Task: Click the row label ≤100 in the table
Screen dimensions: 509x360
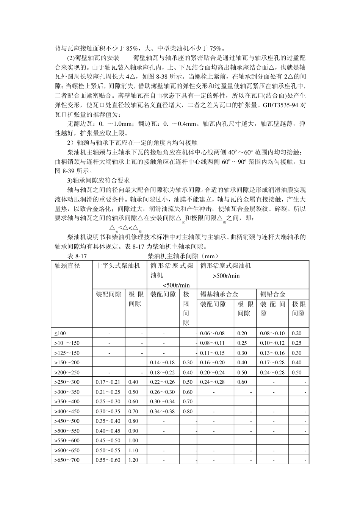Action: click(x=60, y=333)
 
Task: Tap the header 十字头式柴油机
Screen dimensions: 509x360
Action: click(x=118, y=266)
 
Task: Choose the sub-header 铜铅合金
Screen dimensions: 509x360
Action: click(x=273, y=294)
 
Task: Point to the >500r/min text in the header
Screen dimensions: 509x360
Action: click(x=226, y=276)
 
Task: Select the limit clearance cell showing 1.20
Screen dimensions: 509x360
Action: click(x=133, y=460)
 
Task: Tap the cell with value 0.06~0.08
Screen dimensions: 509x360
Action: click(x=212, y=333)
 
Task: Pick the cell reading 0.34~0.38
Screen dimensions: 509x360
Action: click(x=163, y=411)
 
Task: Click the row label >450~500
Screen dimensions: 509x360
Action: click(x=67, y=421)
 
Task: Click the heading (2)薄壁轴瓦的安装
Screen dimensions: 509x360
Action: click(x=93, y=58)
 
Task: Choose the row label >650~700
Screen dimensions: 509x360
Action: click(x=67, y=460)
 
